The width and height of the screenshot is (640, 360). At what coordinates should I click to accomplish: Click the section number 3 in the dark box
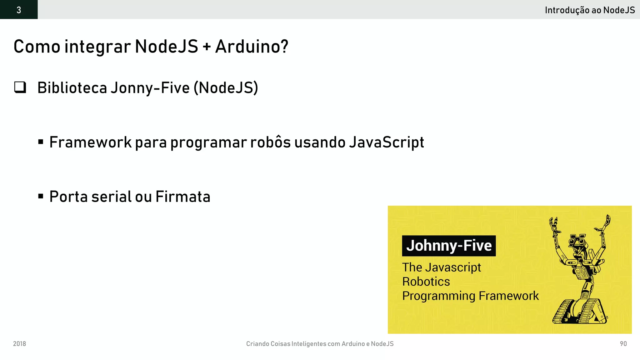click(19, 10)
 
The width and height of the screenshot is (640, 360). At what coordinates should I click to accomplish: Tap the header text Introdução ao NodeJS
click(590, 10)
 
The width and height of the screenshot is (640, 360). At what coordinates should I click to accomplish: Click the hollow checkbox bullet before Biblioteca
click(20, 87)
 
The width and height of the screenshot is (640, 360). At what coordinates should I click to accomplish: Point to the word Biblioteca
click(72, 87)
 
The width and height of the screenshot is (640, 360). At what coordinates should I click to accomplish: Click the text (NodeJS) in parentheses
click(226, 87)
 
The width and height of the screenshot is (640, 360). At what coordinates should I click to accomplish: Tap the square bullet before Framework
click(41, 142)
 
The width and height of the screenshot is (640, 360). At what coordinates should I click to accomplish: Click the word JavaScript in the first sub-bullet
click(386, 142)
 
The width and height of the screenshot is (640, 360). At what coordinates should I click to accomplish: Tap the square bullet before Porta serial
click(41, 197)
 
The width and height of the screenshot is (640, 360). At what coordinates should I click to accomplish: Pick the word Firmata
click(183, 197)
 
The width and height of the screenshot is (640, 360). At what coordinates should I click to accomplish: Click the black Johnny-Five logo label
click(449, 246)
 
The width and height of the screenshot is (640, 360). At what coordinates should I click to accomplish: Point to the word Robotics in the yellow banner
click(426, 282)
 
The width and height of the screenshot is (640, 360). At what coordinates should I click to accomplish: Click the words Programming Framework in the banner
click(470, 296)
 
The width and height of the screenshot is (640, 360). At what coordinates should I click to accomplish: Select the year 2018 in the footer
click(19, 344)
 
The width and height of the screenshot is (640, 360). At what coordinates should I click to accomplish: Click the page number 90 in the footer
click(623, 344)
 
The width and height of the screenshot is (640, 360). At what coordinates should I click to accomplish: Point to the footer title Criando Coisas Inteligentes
click(320, 344)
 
